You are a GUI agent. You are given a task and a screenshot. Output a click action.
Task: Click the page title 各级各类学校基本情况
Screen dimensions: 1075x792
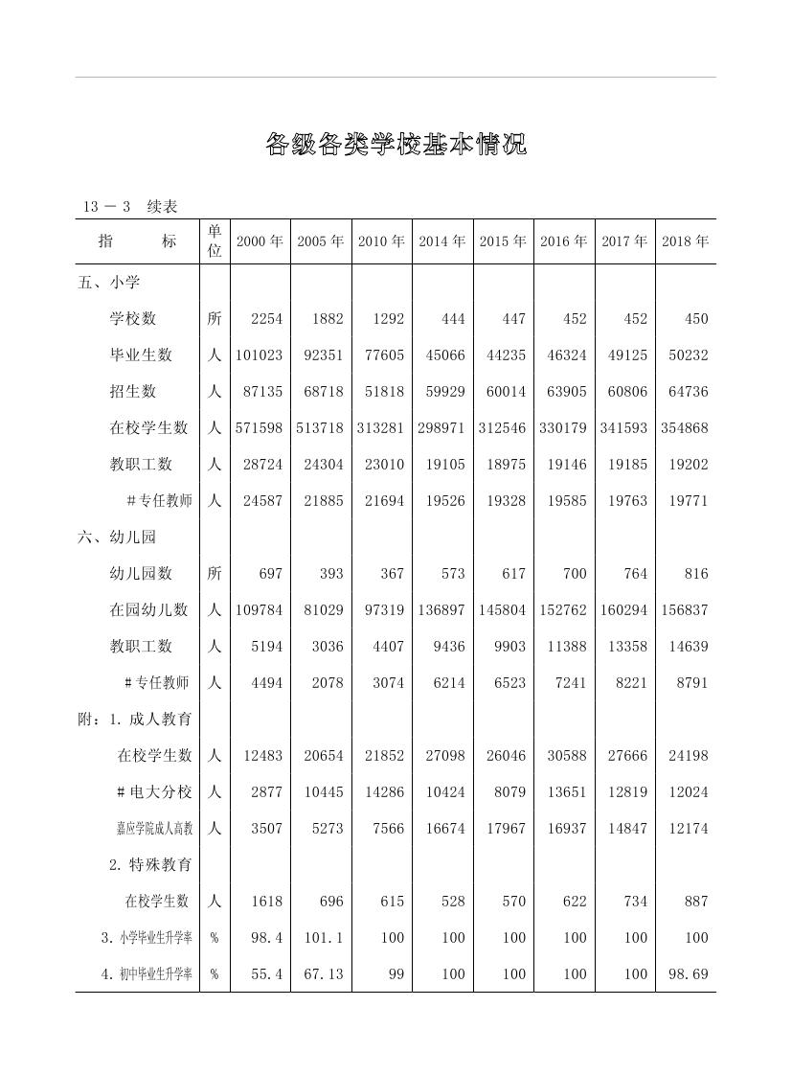click(x=396, y=146)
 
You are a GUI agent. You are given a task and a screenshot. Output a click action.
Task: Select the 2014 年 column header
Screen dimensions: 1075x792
click(x=441, y=241)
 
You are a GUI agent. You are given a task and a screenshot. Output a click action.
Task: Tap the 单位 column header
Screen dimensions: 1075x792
click(x=215, y=241)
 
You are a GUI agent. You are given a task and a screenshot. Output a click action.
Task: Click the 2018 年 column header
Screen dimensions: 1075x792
click(x=685, y=241)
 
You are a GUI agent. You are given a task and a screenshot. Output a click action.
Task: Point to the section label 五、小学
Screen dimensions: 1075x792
click(x=109, y=283)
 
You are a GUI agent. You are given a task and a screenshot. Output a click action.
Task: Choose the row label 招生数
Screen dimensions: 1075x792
click(x=141, y=392)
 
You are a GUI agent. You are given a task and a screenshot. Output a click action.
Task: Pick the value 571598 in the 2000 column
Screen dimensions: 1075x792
click(x=260, y=428)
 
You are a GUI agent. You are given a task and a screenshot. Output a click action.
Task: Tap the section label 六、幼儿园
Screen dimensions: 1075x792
click(x=117, y=537)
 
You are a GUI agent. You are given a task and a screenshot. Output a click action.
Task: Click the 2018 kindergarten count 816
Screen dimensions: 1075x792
click(x=696, y=574)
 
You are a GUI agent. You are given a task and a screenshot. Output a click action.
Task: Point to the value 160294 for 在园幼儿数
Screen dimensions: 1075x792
click(x=623, y=610)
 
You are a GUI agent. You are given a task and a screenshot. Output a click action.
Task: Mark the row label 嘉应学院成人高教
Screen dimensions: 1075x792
click(x=154, y=829)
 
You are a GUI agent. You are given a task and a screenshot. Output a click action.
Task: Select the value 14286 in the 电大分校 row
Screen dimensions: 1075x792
click(x=384, y=792)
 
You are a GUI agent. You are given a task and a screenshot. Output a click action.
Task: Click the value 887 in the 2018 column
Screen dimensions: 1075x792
click(x=696, y=902)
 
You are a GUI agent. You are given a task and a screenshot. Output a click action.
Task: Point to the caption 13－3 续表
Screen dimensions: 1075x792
click(x=130, y=207)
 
